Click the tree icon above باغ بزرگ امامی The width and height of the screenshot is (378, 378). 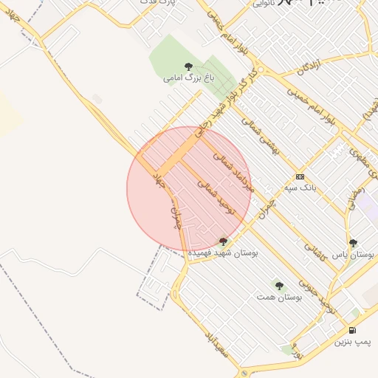[x=188, y=66]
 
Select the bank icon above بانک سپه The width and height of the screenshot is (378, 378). [x=299, y=177]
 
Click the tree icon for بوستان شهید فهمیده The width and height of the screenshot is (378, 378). [x=224, y=241]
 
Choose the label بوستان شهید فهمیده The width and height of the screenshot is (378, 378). [x=224, y=252]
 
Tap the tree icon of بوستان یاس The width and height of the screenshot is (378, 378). [x=353, y=243]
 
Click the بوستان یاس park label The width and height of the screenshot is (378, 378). [x=353, y=253]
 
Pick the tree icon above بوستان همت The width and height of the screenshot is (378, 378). [x=279, y=286]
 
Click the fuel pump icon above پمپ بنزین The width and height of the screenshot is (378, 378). [x=352, y=330]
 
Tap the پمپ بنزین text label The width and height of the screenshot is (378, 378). [x=352, y=341]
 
